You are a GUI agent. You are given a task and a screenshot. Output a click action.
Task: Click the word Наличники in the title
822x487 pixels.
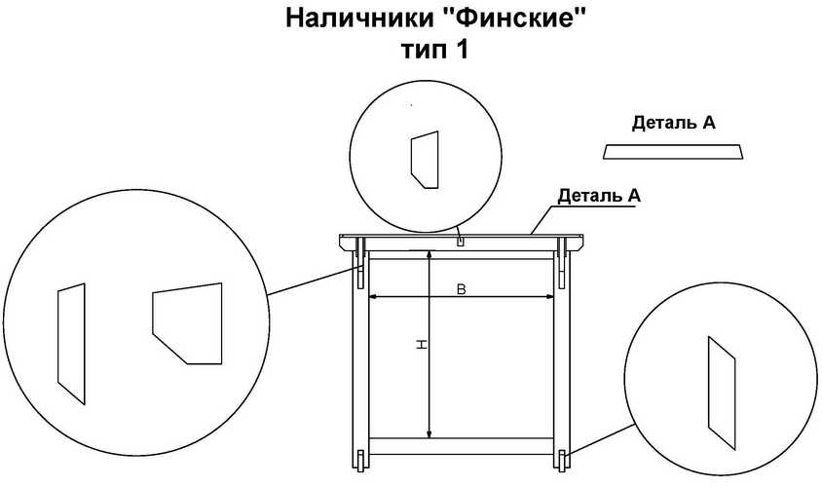tap(358, 19)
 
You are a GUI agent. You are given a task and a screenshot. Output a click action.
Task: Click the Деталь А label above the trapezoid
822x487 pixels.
tap(674, 123)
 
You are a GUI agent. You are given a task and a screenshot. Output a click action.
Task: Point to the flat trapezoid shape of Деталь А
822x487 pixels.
tap(673, 152)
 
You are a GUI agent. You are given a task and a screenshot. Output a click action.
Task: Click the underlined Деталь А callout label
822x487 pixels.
tap(599, 196)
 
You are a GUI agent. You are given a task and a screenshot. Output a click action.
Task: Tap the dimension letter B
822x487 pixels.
tap(462, 289)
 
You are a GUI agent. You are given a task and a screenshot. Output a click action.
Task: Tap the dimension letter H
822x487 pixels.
tap(421, 345)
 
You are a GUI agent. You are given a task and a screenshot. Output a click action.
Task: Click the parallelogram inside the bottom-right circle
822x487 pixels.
tap(722, 393)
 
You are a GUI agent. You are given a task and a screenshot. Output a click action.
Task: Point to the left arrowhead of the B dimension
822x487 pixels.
tap(373, 297)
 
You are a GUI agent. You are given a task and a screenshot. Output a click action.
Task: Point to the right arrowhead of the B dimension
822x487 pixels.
tap(550, 297)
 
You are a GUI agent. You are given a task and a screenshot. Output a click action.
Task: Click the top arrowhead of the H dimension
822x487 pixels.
tap(430, 255)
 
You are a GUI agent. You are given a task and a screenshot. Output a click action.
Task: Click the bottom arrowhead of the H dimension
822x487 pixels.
tap(430, 433)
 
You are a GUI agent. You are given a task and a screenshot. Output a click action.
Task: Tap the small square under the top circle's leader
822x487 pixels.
tap(461, 242)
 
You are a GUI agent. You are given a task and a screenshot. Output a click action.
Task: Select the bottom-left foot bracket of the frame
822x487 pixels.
tap(360, 461)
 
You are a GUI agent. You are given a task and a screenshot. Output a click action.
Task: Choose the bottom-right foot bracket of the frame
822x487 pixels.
tap(562, 461)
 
